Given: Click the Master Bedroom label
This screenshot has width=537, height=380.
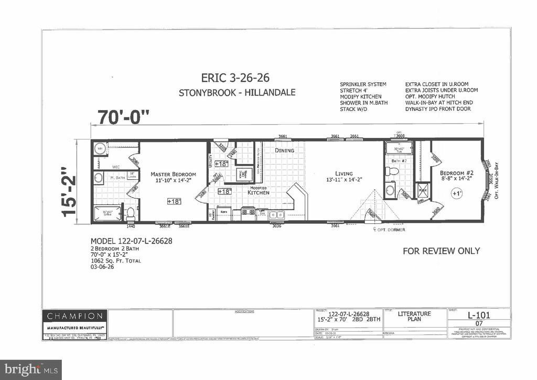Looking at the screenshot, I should click(173, 174).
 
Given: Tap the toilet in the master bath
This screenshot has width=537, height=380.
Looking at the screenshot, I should click(130, 214).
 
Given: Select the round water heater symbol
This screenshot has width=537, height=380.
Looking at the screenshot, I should click(100, 148).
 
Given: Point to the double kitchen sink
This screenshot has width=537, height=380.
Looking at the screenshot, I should click(276, 214).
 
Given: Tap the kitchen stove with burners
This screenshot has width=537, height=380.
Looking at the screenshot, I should click(248, 213).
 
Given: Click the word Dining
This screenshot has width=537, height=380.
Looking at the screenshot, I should click(285, 150).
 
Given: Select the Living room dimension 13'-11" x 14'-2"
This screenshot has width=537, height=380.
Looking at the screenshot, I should click(344, 180).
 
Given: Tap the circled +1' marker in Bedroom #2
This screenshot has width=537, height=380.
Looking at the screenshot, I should click(455, 193).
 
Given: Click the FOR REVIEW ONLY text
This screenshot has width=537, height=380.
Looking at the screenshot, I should click(441, 251).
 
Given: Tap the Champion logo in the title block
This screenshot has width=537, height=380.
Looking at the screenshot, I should click(75, 316).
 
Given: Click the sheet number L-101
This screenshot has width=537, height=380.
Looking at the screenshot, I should click(479, 316).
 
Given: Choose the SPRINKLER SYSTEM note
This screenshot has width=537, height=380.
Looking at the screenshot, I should click(363, 84).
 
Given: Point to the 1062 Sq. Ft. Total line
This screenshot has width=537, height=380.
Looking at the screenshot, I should click(115, 260).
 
